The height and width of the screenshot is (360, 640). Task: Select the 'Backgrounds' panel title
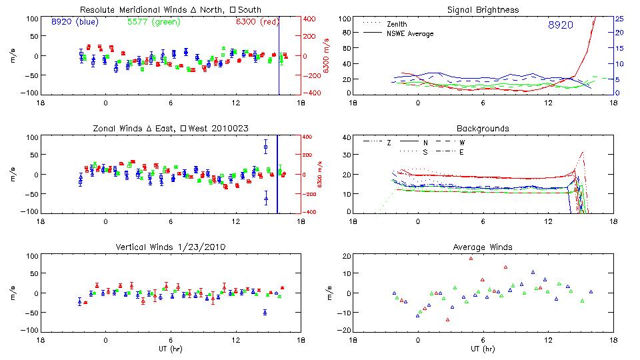[x=483, y=128]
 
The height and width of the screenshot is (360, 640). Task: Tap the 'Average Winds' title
[x=483, y=247]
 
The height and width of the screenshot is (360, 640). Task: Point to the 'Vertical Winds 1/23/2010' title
[x=170, y=247]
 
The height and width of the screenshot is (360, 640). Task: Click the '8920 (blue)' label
[x=75, y=22]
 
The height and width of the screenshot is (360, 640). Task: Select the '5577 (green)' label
[x=153, y=22]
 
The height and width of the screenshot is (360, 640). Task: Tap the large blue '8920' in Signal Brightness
[x=560, y=25]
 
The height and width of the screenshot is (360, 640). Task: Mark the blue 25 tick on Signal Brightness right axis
[x=619, y=19]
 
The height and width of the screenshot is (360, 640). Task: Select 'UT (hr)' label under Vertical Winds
[x=170, y=349]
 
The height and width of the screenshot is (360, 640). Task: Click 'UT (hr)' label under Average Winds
[x=483, y=349]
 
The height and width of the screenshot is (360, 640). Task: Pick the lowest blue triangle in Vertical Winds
[x=265, y=311]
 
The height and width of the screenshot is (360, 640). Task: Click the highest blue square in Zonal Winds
[x=265, y=147]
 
